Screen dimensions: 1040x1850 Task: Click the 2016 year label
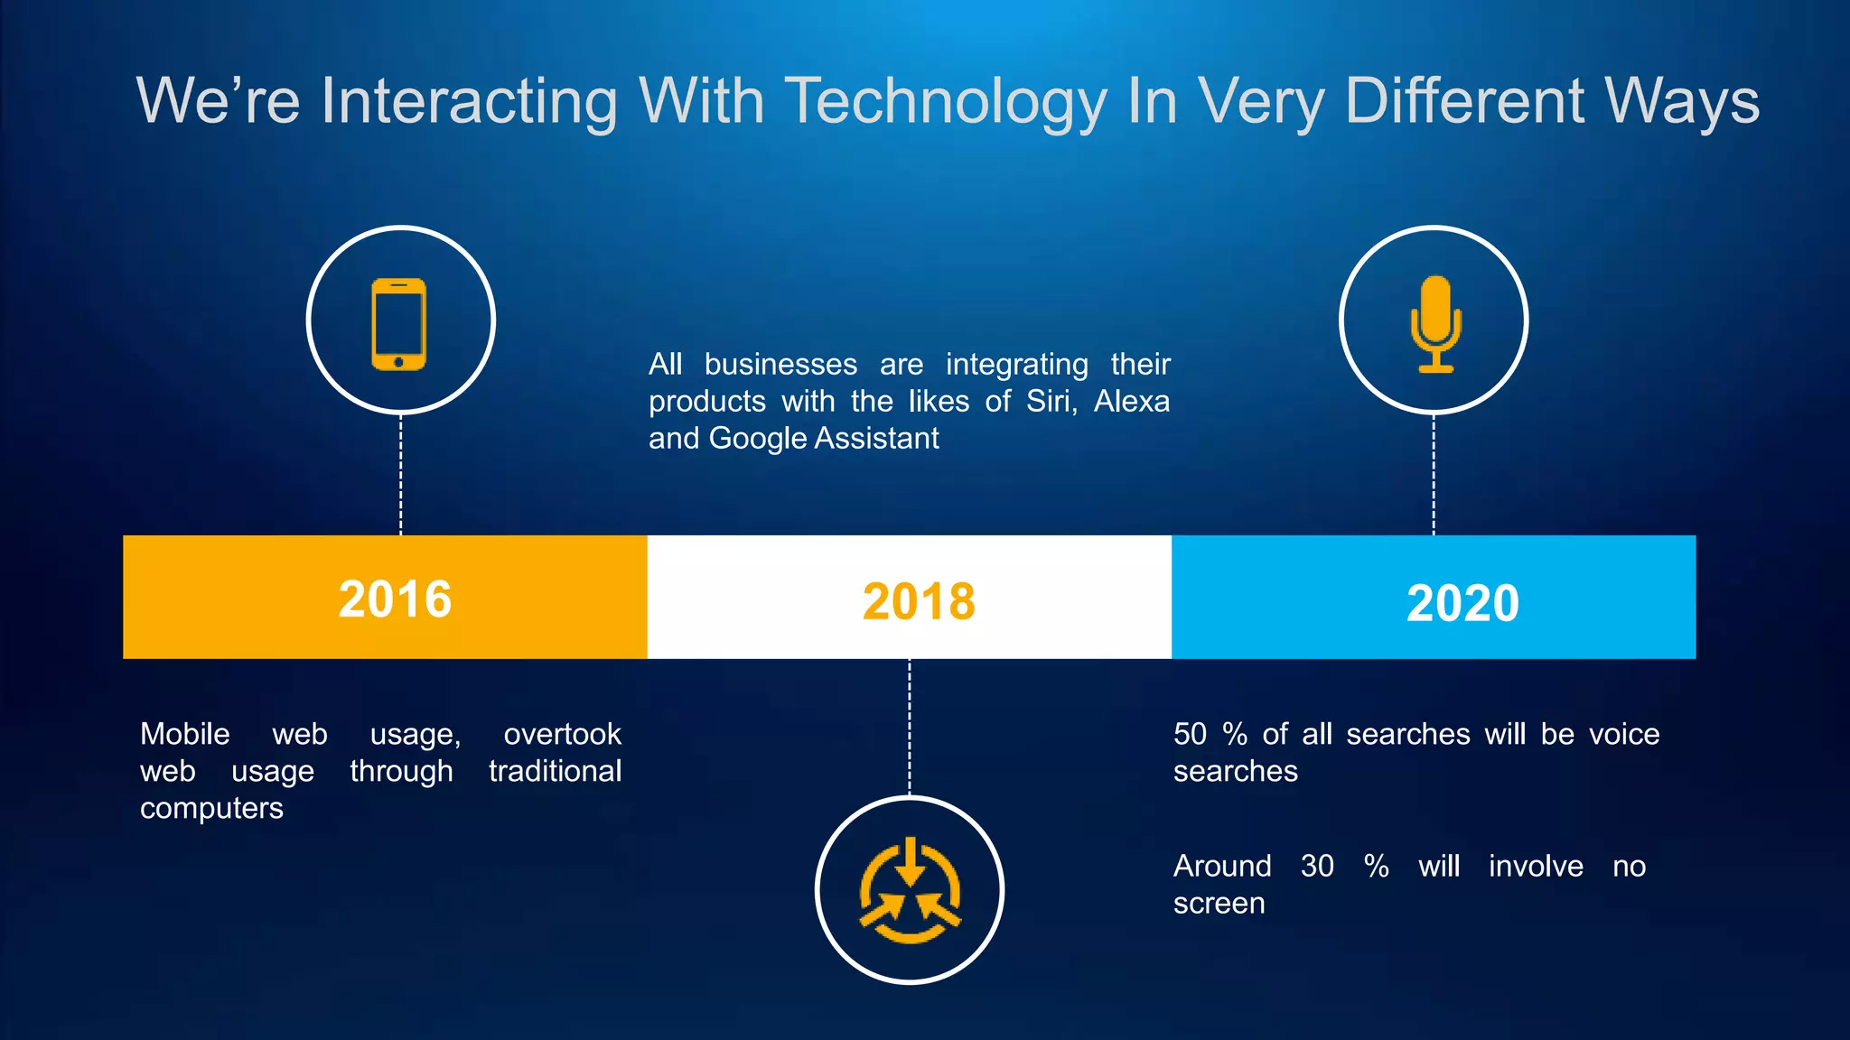(x=395, y=599)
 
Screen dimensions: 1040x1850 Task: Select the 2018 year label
(x=919, y=601)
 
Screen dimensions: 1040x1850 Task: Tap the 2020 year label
(x=1462, y=603)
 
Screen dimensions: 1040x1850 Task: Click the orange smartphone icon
(x=398, y=324)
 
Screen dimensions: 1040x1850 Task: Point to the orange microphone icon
(x=1435, y=323)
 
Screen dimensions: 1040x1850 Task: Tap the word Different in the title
(x=1464, y=101)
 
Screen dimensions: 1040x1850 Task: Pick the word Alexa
(x=1131, y=401)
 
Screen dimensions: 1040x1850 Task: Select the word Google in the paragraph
(x=757, y=439)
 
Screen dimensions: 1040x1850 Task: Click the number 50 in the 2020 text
(x=1190, y=734)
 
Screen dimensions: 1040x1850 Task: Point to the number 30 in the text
(x=1317, y=866)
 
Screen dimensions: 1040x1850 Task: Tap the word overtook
(x=562, y=734)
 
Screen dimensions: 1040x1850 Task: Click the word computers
(x=211, y=808)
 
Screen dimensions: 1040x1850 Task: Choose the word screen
(x=1219, y=903)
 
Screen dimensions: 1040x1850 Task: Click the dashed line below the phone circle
(x=401, y=474)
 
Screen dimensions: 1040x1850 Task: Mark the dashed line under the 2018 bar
(x=910, y=727)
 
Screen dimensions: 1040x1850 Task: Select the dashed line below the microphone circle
(x=1434, y=474)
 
